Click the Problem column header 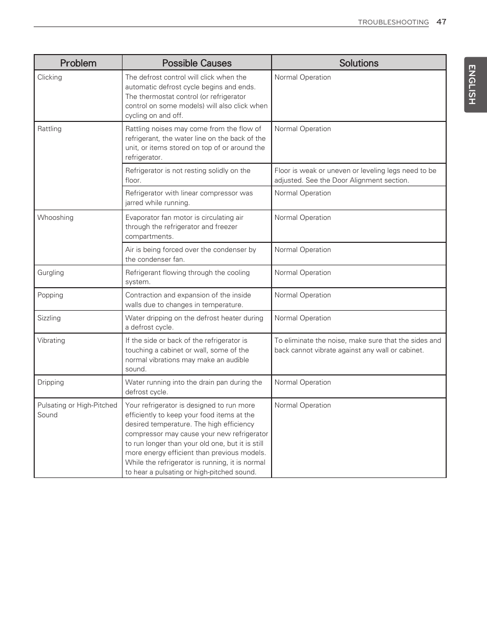click(78, 63)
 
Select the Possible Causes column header click(197, 63)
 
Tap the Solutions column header click(359, 63)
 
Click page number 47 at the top click(441, 21)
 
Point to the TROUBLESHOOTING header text click(393, 22)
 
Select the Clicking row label click(50, 77)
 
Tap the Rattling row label click(49, 129)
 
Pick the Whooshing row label click(55, 217)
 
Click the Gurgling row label click(51, 272)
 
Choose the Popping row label click(50, 295)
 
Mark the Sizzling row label click(49, 318)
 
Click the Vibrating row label click(51, 340)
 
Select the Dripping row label click(51, 382)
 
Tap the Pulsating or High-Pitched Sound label click(77, 410)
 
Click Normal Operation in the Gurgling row click(303, 272)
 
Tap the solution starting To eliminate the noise click(357, 345)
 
